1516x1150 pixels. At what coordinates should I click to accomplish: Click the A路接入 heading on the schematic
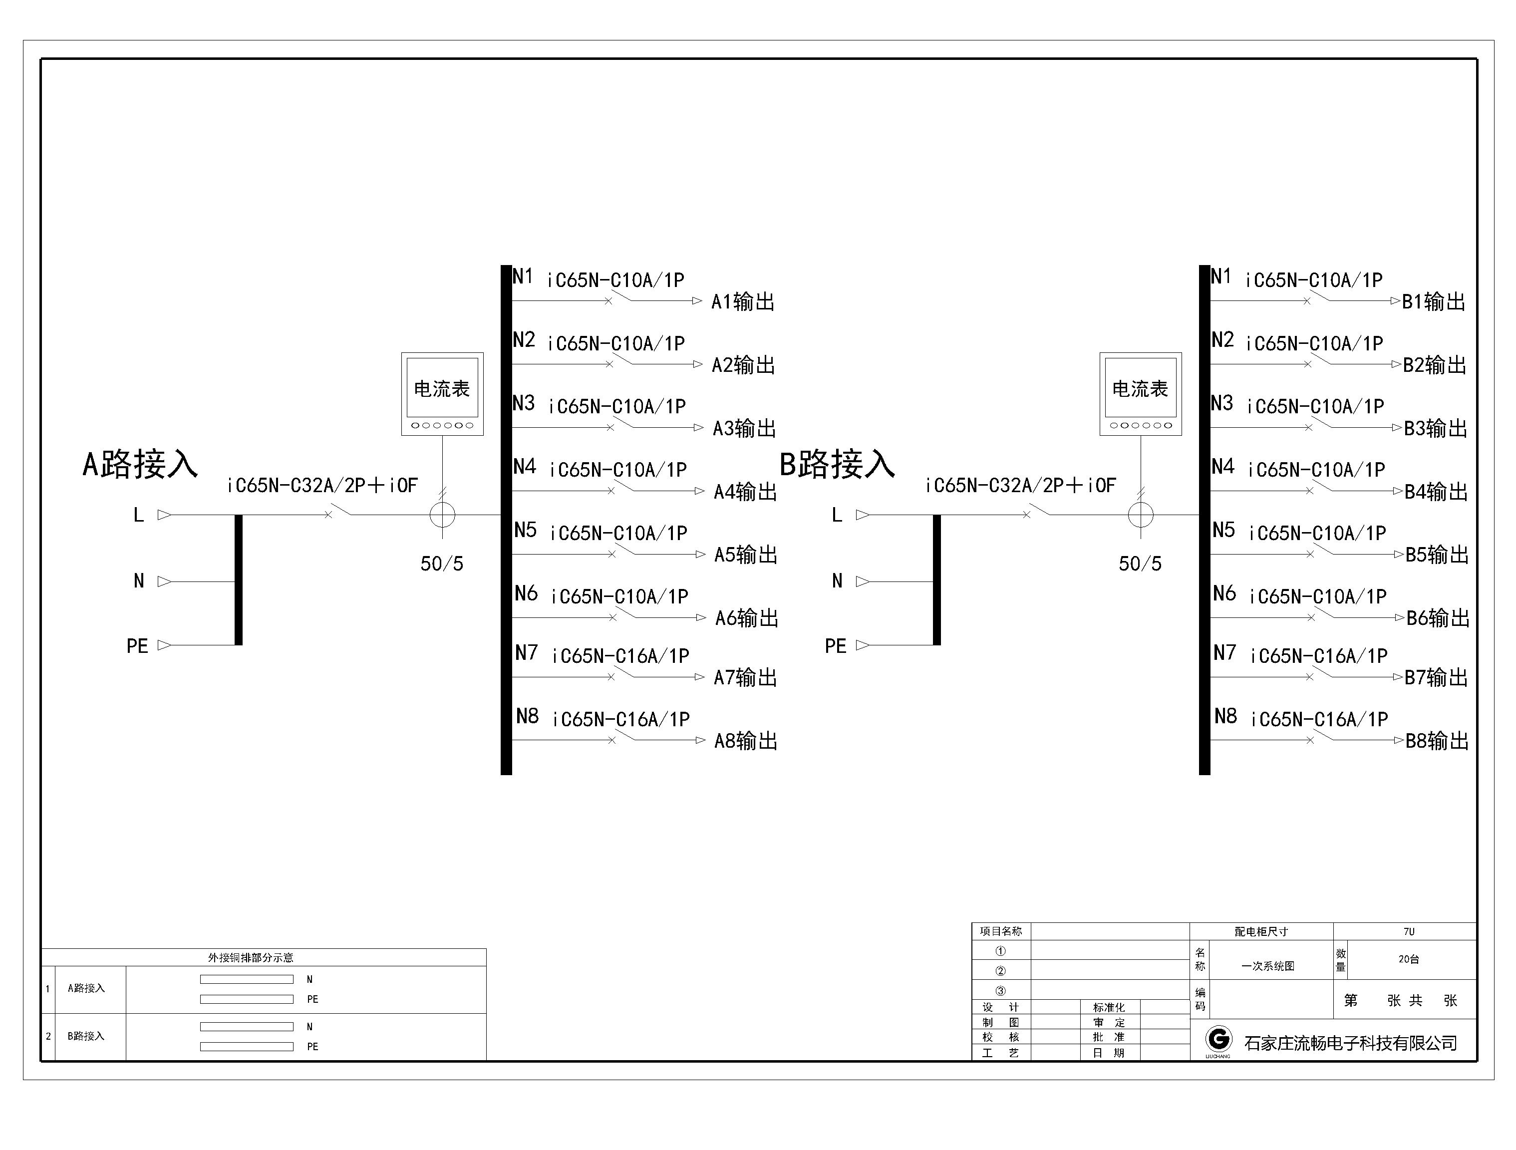tap(140, 464)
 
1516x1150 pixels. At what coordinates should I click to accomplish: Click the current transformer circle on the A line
tap(442, 515)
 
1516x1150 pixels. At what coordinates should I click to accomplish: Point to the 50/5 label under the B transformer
tap(1140, 564)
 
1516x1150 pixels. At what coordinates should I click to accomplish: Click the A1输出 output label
tap(743, 301)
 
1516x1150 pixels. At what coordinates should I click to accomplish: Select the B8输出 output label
tap(1437, 741)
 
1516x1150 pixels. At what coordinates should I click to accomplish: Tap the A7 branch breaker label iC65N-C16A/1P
tap(620, 656)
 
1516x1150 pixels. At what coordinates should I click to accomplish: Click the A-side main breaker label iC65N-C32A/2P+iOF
tap(322, 485)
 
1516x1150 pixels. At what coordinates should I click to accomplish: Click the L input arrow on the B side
tap(862, 515)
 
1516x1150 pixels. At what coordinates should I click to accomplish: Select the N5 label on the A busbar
tap(526, 530)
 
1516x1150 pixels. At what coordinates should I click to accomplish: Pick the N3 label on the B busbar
tap(1222, 403)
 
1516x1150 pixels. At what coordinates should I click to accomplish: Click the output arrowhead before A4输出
tap(699, 491)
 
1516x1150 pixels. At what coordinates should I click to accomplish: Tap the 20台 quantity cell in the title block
tap(1408, 959)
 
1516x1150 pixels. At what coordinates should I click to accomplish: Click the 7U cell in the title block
tap(1408, 931)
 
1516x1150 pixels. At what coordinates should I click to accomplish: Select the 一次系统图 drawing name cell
tap(1267, 966)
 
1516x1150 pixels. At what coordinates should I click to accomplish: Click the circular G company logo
tap(1218, 1040)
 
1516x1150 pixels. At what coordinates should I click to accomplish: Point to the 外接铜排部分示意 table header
tap(251, 957)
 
